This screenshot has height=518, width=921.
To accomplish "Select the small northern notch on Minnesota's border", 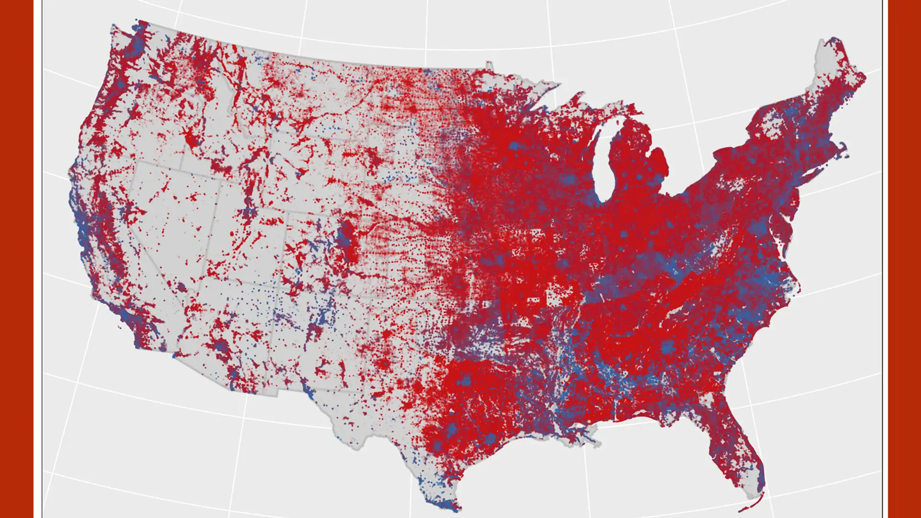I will click(489, 65).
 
